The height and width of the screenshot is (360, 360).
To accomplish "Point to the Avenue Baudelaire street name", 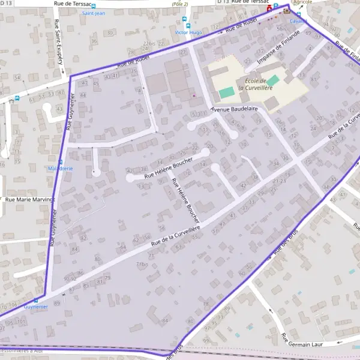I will point(234,109).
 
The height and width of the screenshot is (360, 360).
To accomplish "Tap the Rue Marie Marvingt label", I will point(29,199).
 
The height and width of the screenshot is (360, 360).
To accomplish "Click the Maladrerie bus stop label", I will point(60,169).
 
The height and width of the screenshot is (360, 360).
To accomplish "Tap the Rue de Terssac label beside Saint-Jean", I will point(73,4).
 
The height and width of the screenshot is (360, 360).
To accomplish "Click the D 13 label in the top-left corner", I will point(5,3).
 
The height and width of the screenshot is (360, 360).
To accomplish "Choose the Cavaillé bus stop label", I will point(298,21).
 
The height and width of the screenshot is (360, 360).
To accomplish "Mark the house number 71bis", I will point(142,263).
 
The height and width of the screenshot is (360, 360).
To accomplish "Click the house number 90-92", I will point(70,278).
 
